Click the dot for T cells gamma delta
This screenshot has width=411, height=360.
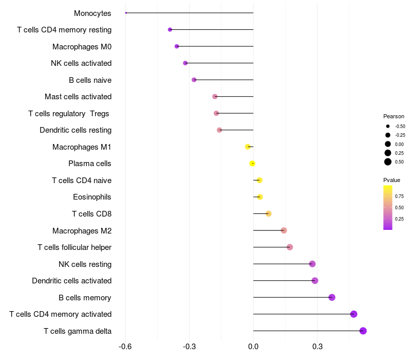pos(363,331)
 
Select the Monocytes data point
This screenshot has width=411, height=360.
pos(126,13)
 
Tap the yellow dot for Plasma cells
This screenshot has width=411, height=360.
pos(252,164)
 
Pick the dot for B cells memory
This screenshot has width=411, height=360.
pos(332,297)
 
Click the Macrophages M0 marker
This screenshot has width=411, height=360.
pos(177,46)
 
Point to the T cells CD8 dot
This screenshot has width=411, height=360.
pos(268,213)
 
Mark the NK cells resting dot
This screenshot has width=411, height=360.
pos(312,264)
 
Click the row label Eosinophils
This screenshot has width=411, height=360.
pos(92,197)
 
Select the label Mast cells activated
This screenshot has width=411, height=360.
pos(78,97)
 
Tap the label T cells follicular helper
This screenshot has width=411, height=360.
pos(74,247)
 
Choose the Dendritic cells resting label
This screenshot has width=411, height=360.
pos(76,130)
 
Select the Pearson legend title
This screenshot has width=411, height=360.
pos(394,116)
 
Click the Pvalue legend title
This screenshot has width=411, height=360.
pos(391,180)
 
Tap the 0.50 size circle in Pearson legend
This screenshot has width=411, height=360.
pos(388,162)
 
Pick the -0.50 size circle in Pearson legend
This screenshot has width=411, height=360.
pos(388,126)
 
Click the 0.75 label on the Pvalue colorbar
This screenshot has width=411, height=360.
pos(399,196)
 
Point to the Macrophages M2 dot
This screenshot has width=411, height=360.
pos(284,230)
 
